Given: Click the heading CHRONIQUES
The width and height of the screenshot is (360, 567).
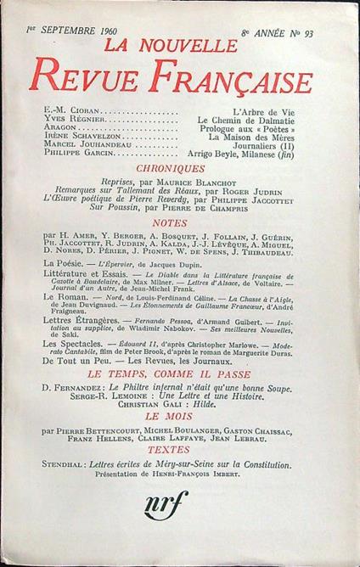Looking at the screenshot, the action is [182, 169].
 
